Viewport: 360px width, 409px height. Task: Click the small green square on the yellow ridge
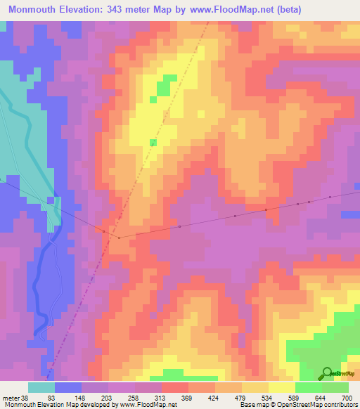153,143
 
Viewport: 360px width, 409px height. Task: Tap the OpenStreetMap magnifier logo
327,373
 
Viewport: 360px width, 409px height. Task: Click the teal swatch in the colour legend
41,387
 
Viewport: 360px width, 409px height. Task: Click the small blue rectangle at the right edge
351,214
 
